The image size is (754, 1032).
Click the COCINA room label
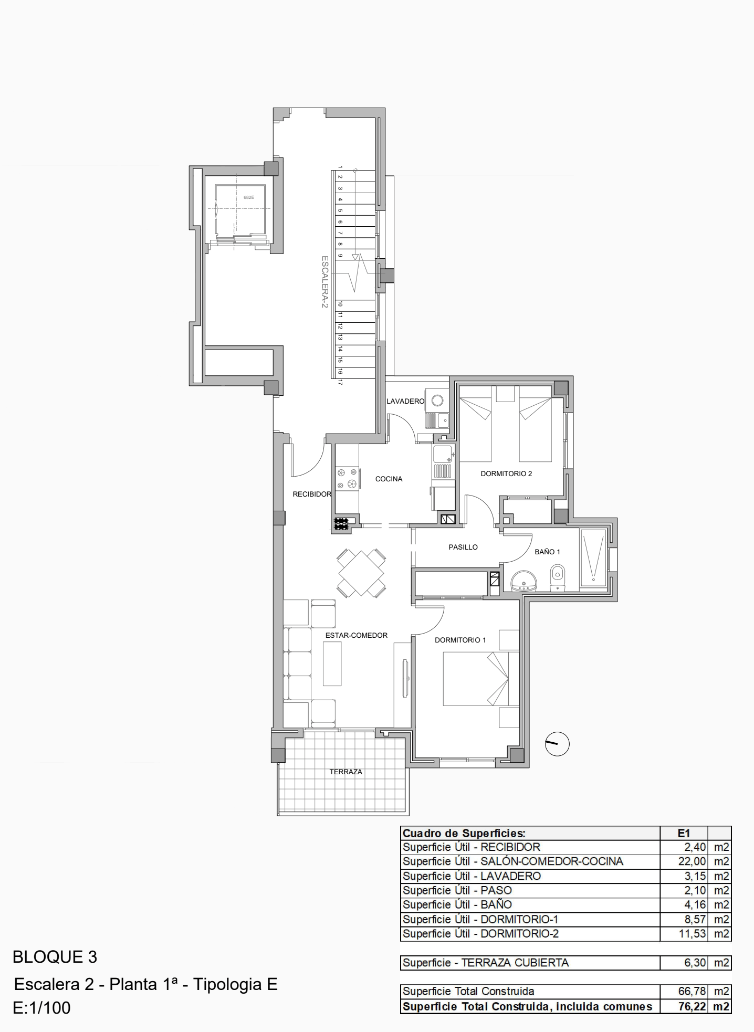point(389,479)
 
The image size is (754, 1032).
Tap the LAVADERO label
point(405,401)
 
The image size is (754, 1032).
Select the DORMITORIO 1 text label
point(460,640)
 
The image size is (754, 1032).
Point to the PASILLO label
point(463,547)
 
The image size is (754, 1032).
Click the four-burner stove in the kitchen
point(347,478)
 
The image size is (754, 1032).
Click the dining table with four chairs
point(362,573)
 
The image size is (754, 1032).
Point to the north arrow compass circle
point(557,744)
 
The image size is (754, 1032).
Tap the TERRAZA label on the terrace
point(346,772)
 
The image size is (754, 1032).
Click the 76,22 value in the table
point(692,1006)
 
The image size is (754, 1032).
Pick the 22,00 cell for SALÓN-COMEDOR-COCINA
point(692,861)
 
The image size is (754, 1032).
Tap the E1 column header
point(684,833)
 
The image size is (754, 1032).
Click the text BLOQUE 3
point(55,957)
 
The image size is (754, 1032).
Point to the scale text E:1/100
point(41,1008)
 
